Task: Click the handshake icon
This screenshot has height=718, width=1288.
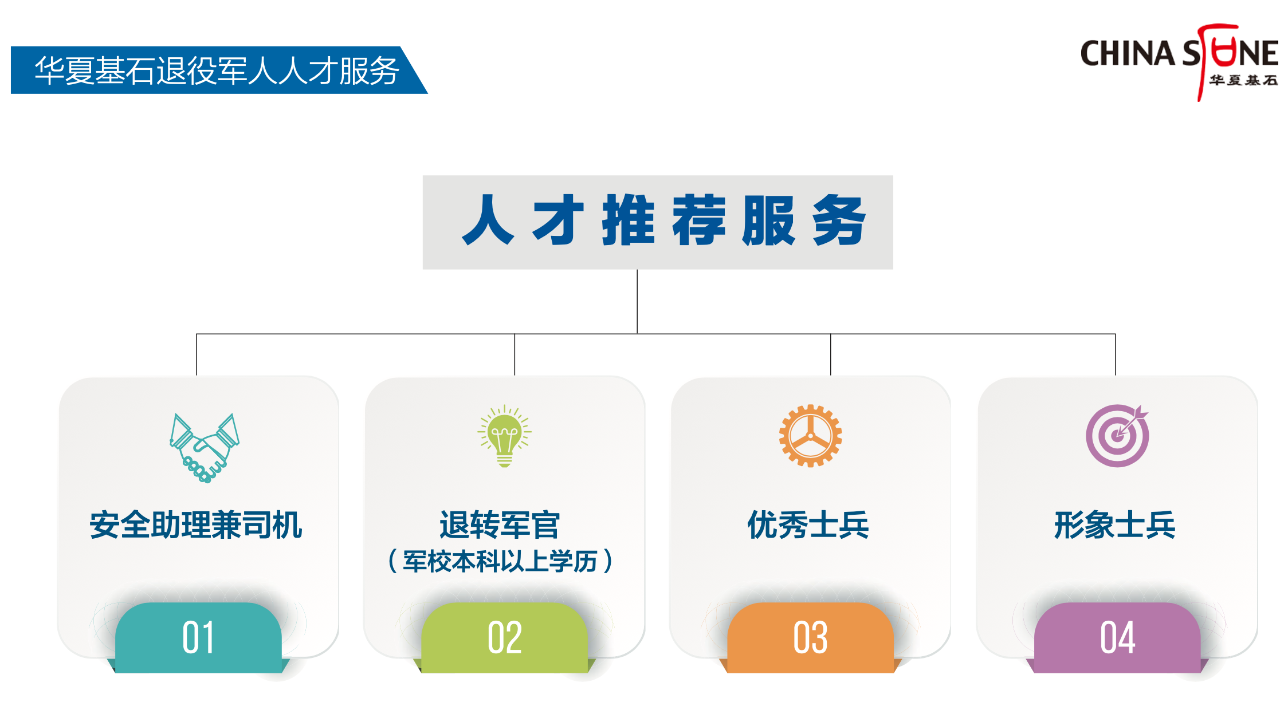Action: pyautogui.click(x=205, y=448)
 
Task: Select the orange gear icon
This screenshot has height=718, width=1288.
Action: pyautogui.click(x=810, y=436)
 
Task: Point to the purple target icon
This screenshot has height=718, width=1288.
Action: pyautogui.click(x=1117, y=436)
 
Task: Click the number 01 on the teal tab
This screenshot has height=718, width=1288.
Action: pyautogui.click(x=198, y=637)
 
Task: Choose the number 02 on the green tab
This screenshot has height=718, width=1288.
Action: pyautogui.click(x=505, y=637)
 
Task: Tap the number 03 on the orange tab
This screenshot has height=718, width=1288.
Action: pyautogui.click(x=810, y=637)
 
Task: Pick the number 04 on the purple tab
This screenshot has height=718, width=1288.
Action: pyautogui.click(x=1117, y=637)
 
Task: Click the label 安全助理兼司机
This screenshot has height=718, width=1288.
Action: pyautogui.click(x=196, y=525)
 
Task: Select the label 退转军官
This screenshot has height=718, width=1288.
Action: pyautogui.click(x=500, y=525)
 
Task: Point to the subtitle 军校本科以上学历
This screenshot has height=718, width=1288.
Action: pyautogui.click(x=500, y=561)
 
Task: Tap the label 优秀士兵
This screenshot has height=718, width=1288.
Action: pyautogui.click(x=808, y=525)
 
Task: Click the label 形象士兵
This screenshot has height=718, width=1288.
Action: pyautogui.click(x=1115, y=525)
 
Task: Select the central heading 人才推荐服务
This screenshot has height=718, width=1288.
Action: pyautogui.click(x=664, y=220)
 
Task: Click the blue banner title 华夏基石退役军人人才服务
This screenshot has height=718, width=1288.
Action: pyautogui.click(x=217, y=70)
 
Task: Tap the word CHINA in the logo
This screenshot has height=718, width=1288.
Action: pyautogui.click(x=1128, y=53)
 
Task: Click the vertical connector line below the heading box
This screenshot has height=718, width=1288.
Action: pyautogui.click(x=637, y=302)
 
